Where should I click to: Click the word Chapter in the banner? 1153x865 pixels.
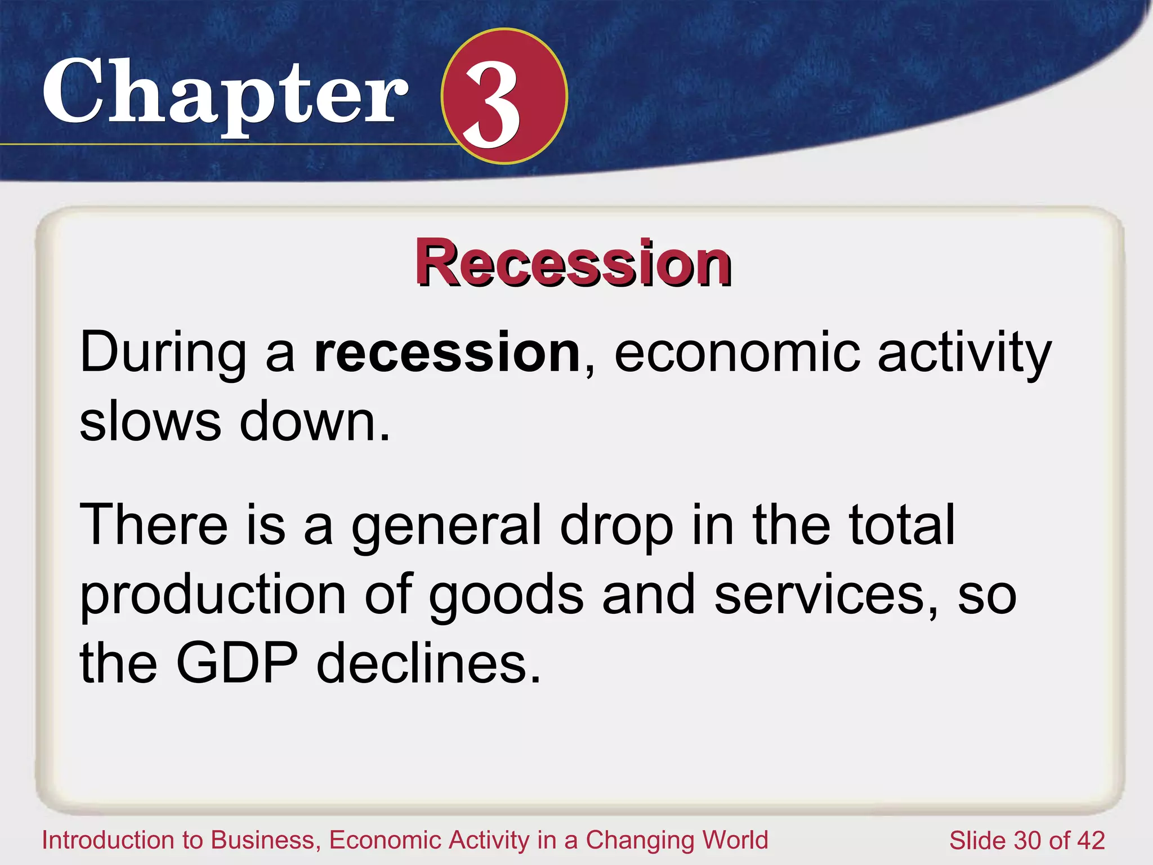[225, 93]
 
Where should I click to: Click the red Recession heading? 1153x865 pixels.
[573, 263]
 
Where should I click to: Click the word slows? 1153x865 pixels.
[150, 422]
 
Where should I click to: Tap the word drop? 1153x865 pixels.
[616, 525]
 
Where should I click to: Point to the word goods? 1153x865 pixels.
[506, 595]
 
